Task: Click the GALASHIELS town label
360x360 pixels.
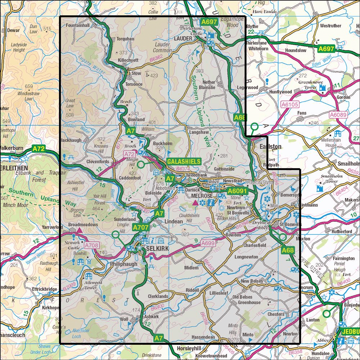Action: tap(183, 162)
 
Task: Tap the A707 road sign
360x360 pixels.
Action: tap(140, 227)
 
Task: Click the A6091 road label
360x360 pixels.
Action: tap(237, 191)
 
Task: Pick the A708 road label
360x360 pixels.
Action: tap(92, 246)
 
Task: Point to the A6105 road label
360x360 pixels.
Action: tap(288, 105)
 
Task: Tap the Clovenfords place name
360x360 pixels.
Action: tap(97, 162)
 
